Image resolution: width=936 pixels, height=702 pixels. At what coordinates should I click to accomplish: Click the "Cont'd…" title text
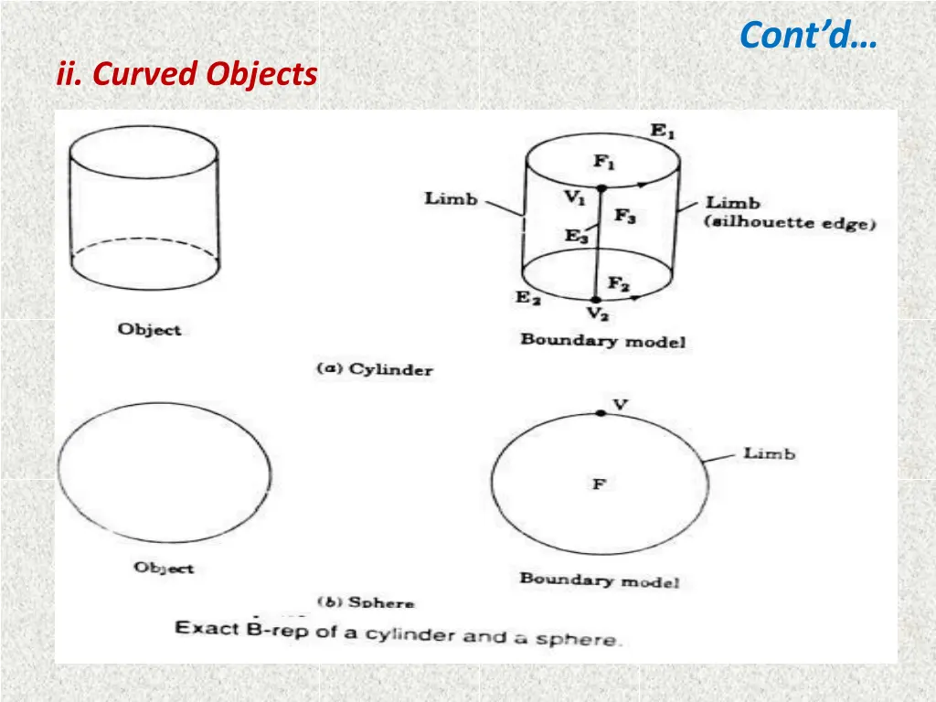(x=807, y=36)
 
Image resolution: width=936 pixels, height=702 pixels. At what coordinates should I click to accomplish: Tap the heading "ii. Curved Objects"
(x=186, y=74)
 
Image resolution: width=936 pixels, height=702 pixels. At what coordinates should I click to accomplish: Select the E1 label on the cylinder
(x=664, y=131)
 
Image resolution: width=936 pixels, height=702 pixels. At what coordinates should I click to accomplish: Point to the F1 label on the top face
(x=604, y=162)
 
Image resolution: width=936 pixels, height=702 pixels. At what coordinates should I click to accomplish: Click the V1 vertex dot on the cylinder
(x=601, y=189)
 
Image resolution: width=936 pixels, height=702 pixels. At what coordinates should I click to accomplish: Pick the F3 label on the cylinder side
(x=625, y=217)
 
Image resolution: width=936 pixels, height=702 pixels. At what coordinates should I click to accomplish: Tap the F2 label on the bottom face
(x=619, y=284)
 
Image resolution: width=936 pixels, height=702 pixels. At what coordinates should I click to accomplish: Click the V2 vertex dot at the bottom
(x=596, y=299)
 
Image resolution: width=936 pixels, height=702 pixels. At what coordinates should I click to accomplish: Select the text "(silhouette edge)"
(x=791, y=223)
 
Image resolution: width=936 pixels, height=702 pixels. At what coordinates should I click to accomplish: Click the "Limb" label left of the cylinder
(x=451, y=198)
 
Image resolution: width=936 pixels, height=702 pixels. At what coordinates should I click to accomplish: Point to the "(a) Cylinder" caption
(x=375, y=369)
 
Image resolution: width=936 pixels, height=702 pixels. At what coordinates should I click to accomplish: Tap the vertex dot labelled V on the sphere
(x=600, y=413)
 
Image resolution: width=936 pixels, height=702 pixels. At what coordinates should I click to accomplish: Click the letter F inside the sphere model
(x=599, y=484)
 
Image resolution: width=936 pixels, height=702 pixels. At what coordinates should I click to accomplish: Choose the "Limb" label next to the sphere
(x=769, y=453)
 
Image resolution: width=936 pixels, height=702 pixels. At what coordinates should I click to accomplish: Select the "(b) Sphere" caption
(x=366, y=602)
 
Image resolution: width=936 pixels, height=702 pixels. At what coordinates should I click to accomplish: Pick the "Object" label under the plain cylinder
(x=150, y=330)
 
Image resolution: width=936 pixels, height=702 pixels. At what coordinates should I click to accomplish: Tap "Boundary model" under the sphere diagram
(x=600, y=580)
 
